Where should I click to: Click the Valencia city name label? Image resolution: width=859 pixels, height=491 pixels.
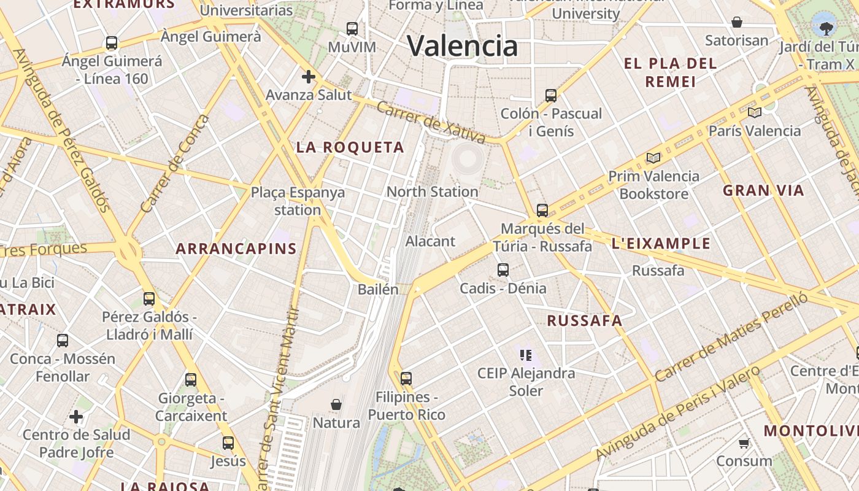[x=463, y=46]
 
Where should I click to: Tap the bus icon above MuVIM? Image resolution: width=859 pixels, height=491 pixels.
[x=352, y=28]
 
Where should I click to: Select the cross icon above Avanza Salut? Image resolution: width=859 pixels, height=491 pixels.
[x=308, y=77]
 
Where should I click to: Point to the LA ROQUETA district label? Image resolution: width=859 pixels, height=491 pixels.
[x=350, y=147]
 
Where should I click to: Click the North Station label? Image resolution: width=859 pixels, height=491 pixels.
[x=432, y=191]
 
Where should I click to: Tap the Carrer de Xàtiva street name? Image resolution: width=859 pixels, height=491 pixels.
[x=430, y=122]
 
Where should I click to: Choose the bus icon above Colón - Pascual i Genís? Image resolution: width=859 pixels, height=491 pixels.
[x=551, y=95]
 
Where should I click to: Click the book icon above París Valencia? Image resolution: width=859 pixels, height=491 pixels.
[x=754, y=112]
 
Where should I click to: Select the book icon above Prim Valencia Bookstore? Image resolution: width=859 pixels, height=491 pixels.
[x=653, y=158]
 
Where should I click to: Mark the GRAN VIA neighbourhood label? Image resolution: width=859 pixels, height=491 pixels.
[x=763, y=190]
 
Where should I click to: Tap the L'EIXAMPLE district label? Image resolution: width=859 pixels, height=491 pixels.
[x=661, y=244]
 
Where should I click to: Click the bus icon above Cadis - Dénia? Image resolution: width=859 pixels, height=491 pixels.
[x=503, y=269]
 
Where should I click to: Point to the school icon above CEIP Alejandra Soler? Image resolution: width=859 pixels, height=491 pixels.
[x=526, y=355]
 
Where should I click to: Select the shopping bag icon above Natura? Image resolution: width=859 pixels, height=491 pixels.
[x=336, y=404]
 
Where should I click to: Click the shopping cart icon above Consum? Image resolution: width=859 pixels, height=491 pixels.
[x=744, y=443]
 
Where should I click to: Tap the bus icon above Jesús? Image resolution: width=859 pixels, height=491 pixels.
[x=228, y=443]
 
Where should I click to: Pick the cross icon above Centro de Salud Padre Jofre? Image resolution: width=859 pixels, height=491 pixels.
[x=76, y=417]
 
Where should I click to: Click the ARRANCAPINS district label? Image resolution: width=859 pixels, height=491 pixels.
[x=236, y=249]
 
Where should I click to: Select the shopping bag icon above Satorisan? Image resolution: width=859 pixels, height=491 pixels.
[x=737, y=23]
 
